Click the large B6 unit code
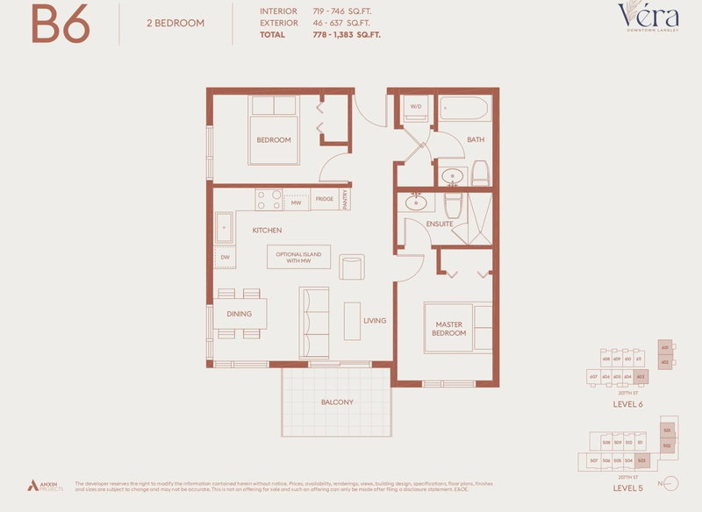61,25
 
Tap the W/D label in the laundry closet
415,108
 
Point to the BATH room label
476,140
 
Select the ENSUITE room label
440,224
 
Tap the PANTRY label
346,200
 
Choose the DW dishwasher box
225,258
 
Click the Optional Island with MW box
299,257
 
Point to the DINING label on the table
239,314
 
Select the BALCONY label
336,402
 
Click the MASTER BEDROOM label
449,329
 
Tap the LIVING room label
375,321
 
